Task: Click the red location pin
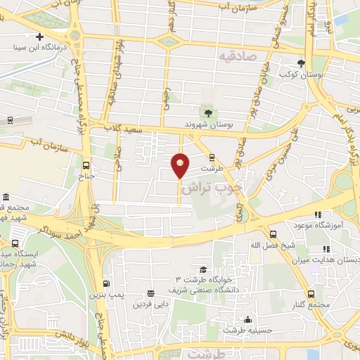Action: (x=180, y=166)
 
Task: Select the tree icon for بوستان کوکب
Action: (x=301, y=63)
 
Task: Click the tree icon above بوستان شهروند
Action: (x=207, y=112)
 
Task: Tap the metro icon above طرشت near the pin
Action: (x=211, y=157)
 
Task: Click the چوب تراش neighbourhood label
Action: (x=221, y=188)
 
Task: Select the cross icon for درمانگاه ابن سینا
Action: (x=40, y=37)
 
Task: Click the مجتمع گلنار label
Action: (x=311, y=304)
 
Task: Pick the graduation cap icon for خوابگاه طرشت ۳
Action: (x=202, y=269)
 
